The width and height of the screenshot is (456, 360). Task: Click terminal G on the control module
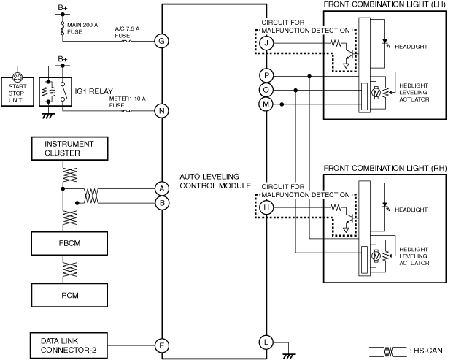point(162,41)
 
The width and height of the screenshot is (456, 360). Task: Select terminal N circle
point(162,111)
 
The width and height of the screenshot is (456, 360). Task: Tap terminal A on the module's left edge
point(162,188)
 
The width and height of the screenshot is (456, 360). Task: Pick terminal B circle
point(162,203)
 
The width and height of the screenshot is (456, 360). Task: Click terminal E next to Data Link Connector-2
point(162,345)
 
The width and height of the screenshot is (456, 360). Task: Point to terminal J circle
point(266,43)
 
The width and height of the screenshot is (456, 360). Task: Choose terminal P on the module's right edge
point(266,76)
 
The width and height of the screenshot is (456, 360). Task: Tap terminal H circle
point(266,207)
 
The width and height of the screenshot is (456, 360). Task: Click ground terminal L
point(266,342)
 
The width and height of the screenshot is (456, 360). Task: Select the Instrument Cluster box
point(70,148)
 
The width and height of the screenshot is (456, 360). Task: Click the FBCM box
point(69,244)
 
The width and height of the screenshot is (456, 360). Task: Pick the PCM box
point(69,295)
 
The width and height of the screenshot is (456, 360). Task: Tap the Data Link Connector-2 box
point(69,345)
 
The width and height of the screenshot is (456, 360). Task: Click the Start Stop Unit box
point(18,93)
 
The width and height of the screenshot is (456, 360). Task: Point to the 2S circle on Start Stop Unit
point(18,77)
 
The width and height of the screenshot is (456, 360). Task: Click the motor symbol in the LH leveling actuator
point(376,93)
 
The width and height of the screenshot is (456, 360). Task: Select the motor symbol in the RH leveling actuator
point(376,256)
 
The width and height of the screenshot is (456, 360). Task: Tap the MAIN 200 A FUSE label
point(82,28)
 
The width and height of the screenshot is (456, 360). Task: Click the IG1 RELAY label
point(93,91)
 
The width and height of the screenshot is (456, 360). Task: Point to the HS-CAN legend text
point(426,351)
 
